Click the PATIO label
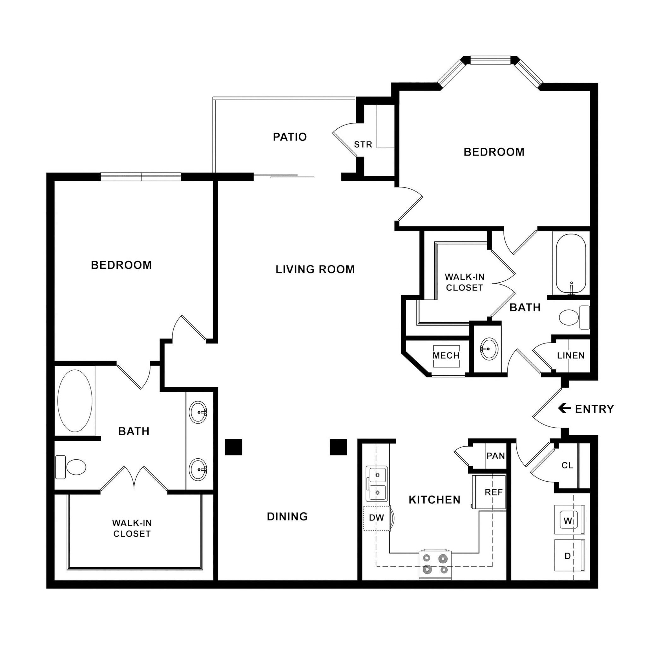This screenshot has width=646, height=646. click(x=290, y=137)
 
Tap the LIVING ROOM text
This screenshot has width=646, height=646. click(x=315, y=269)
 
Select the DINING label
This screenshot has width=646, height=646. click(x=287, y=517)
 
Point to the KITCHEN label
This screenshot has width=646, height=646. click(x=434, y=500)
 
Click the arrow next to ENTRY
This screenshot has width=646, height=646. click(x=564, y=408)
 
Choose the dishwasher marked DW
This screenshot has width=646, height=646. click(x=377, y=518)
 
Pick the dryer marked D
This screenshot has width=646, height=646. click(x=568, y=556)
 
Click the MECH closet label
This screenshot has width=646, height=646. click(x=446, y=355)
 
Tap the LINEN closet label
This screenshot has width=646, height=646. click(x=571, y=355)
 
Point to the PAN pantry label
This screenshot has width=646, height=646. click(x=496, y=456)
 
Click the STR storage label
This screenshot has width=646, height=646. click(x=363, y=144)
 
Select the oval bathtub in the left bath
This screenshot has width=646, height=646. click(x=75, y=401)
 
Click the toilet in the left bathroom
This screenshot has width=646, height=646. click(x=71, y=467)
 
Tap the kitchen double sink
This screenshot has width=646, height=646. click(x=377, y=484)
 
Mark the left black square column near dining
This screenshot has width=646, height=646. click(x=233, y=447)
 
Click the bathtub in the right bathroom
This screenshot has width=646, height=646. click(x=571, y=264)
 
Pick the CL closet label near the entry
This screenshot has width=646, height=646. click(x=567, y=466)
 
